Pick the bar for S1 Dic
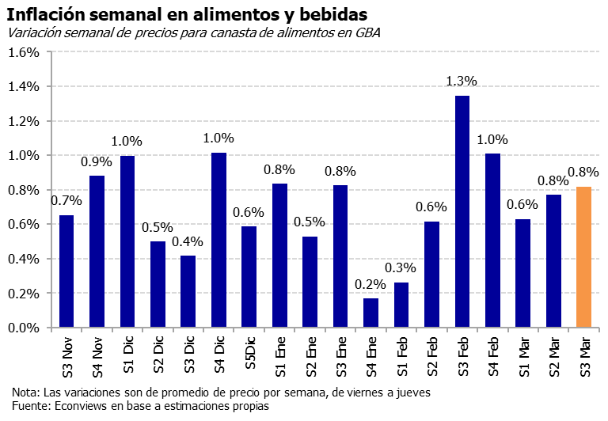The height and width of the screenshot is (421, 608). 127,241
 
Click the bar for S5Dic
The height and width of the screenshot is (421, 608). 249,277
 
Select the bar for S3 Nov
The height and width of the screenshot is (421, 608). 66,271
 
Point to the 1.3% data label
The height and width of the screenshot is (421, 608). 462,81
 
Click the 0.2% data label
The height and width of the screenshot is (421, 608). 370,283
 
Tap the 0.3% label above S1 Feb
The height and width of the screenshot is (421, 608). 401,267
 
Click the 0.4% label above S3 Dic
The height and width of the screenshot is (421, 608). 188,241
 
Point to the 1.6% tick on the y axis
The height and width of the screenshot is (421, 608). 23,52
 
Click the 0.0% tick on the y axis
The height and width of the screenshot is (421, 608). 23,328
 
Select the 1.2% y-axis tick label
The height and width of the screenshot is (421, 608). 23,121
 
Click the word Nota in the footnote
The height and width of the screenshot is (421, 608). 25,393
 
